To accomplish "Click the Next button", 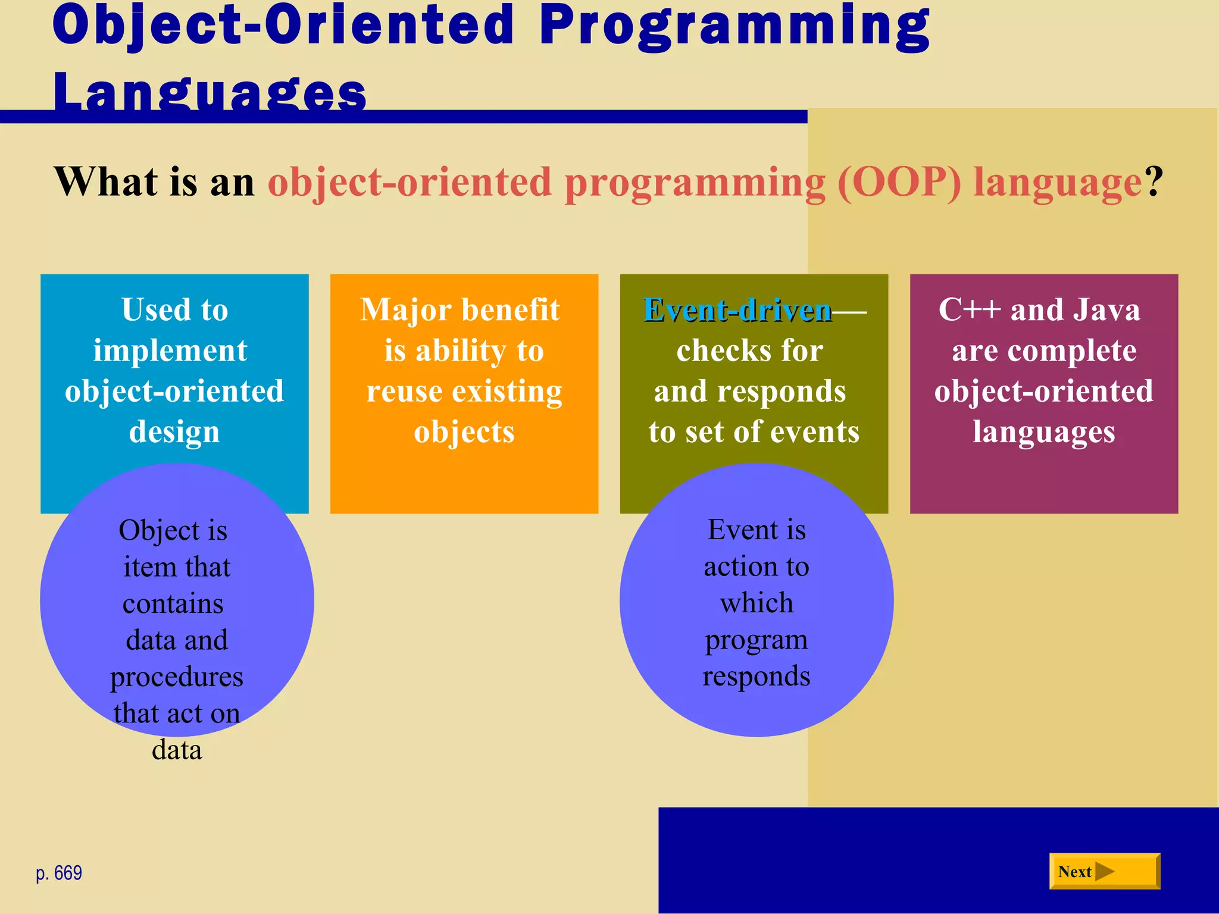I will pyautogui.click(x=1104, y=871).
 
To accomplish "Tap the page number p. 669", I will pyautogui.click(x=58, y=873).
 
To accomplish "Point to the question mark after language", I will pyautogui.click(x=1154, y=182).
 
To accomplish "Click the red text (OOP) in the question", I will pyautogui.click(x=899, y=182).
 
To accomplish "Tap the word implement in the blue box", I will pyautogui.click(x=170, y=350).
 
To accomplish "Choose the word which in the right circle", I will pyautogui.click(x=757, y=603).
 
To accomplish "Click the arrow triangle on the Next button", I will pyautogui.click(x=1104, y=871).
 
